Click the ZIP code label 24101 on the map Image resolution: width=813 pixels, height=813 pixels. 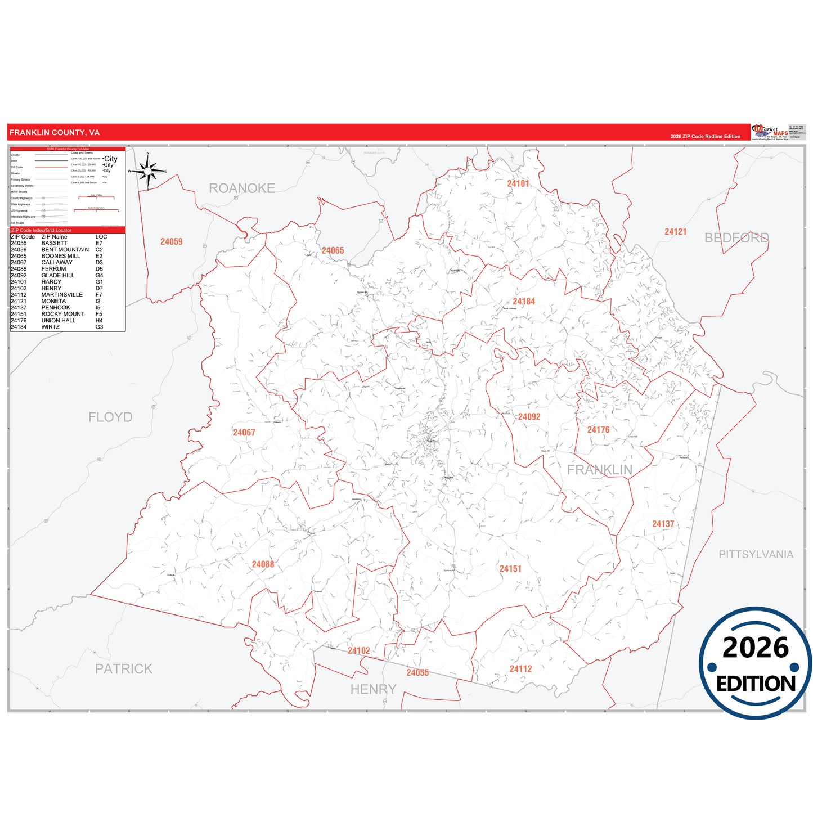pos(518,183)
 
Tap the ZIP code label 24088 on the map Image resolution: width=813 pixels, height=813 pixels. pos(263,564)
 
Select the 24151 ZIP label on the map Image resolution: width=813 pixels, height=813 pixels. pos(510,569)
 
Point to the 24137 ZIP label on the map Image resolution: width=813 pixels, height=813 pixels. pos(663,524)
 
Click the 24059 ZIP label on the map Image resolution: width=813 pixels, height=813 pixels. pos(171,241)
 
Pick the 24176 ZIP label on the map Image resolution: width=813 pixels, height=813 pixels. pos(598,430)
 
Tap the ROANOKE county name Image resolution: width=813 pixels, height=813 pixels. pos(242,188)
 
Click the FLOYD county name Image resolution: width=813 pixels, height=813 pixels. pos(110,417)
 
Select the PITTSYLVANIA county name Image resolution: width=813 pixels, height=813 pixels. pos(756,554)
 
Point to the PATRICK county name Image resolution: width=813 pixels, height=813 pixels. pos(124,668)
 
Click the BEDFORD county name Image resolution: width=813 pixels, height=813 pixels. pos(736,238)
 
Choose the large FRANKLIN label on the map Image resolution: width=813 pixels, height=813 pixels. pos(599,470)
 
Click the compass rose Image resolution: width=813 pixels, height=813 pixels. pos(148,171)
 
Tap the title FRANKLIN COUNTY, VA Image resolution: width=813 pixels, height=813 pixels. pos(55,133)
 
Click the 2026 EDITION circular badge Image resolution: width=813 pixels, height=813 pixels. pos(755,663)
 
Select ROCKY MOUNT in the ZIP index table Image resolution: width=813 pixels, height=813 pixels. pos(63,314)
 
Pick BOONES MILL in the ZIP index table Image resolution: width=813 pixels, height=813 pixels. pos(61,256)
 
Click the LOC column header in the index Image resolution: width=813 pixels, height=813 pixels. pos(101,237)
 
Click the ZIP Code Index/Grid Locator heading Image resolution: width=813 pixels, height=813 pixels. pos(41,230)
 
